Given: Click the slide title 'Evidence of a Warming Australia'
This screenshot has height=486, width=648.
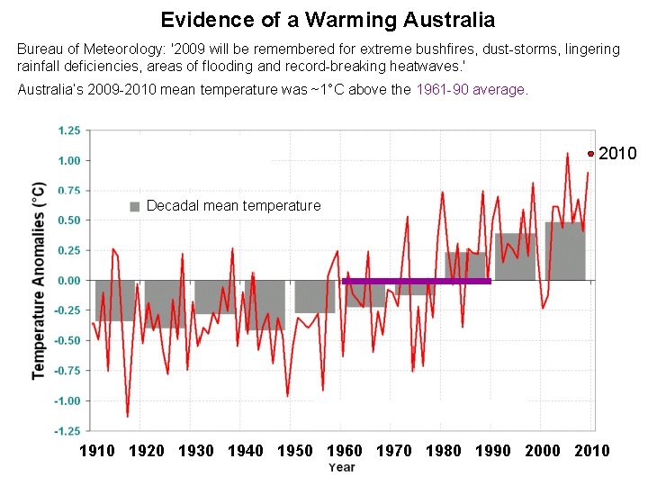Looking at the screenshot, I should click(x=327, y=19).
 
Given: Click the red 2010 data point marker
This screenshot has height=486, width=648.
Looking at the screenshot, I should click(x=590, y=154).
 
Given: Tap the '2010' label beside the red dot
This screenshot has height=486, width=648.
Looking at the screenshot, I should click(x=617, y=154).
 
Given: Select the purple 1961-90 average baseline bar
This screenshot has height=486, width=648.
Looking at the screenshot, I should click(x=417, y=281).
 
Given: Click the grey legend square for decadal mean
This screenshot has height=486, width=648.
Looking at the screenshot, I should click(x=135, y=206).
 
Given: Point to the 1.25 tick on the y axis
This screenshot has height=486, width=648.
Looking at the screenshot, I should click(x=68, y=130).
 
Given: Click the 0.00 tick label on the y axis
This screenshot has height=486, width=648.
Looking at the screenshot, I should click(x=68, y=281).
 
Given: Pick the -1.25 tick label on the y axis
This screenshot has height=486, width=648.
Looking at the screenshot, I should click(x=67, y=431).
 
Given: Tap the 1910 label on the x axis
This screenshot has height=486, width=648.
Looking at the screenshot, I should click(x=97, y=451).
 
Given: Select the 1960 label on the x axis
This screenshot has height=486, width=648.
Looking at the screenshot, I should click(x=344, y=451).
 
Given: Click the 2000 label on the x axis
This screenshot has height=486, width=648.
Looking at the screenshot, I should click(x=542, y=451).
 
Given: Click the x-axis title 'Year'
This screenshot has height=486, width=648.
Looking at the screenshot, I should click(x=341, y=468).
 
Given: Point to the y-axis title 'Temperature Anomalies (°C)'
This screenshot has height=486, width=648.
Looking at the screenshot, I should click(x=39, y=281).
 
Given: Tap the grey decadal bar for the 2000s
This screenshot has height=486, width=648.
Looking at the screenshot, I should click(x=564, y=251).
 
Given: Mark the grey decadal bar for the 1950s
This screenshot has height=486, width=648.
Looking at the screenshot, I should click(x=314, y=297).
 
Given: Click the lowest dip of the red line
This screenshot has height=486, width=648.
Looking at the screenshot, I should click(x=127, y=416).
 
